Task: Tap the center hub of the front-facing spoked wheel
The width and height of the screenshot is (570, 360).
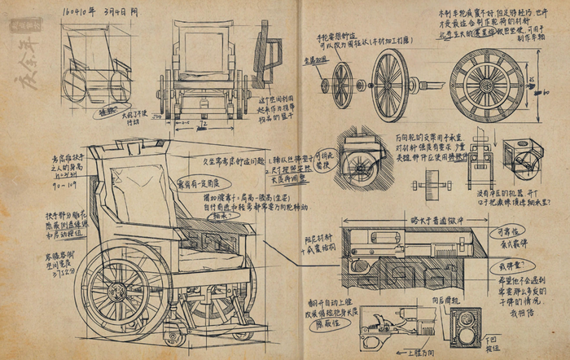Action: tap(487, 84)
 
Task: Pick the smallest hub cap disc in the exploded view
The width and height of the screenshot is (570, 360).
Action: tap(326, 84)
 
